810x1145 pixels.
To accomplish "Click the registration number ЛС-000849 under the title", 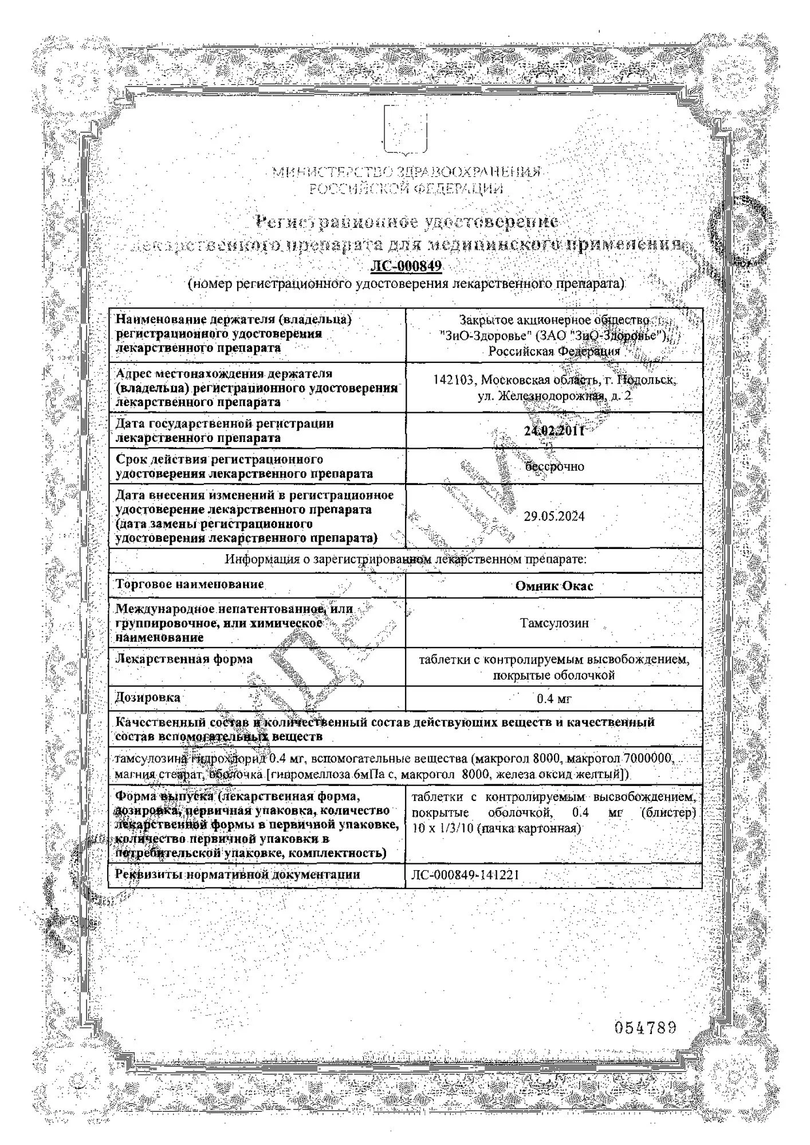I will coord(406,266).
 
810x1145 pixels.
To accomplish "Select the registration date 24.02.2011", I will coord(554,431).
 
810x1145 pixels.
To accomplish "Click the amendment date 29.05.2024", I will coord(554,516).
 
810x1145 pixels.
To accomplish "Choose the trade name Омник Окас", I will coord(554,586).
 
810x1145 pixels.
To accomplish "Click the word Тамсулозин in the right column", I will coord(554,623).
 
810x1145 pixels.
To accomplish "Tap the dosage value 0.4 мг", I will coord(554,699).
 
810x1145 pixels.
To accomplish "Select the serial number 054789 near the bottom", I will coord(645,1028).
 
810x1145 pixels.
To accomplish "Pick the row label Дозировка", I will coord(148,698).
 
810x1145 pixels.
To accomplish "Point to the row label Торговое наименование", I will coord(190,585).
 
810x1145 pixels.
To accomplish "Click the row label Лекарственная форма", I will coord(184,660).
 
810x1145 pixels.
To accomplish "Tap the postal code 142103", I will coord(454,380).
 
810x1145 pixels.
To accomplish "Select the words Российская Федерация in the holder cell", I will coord(554,352).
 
